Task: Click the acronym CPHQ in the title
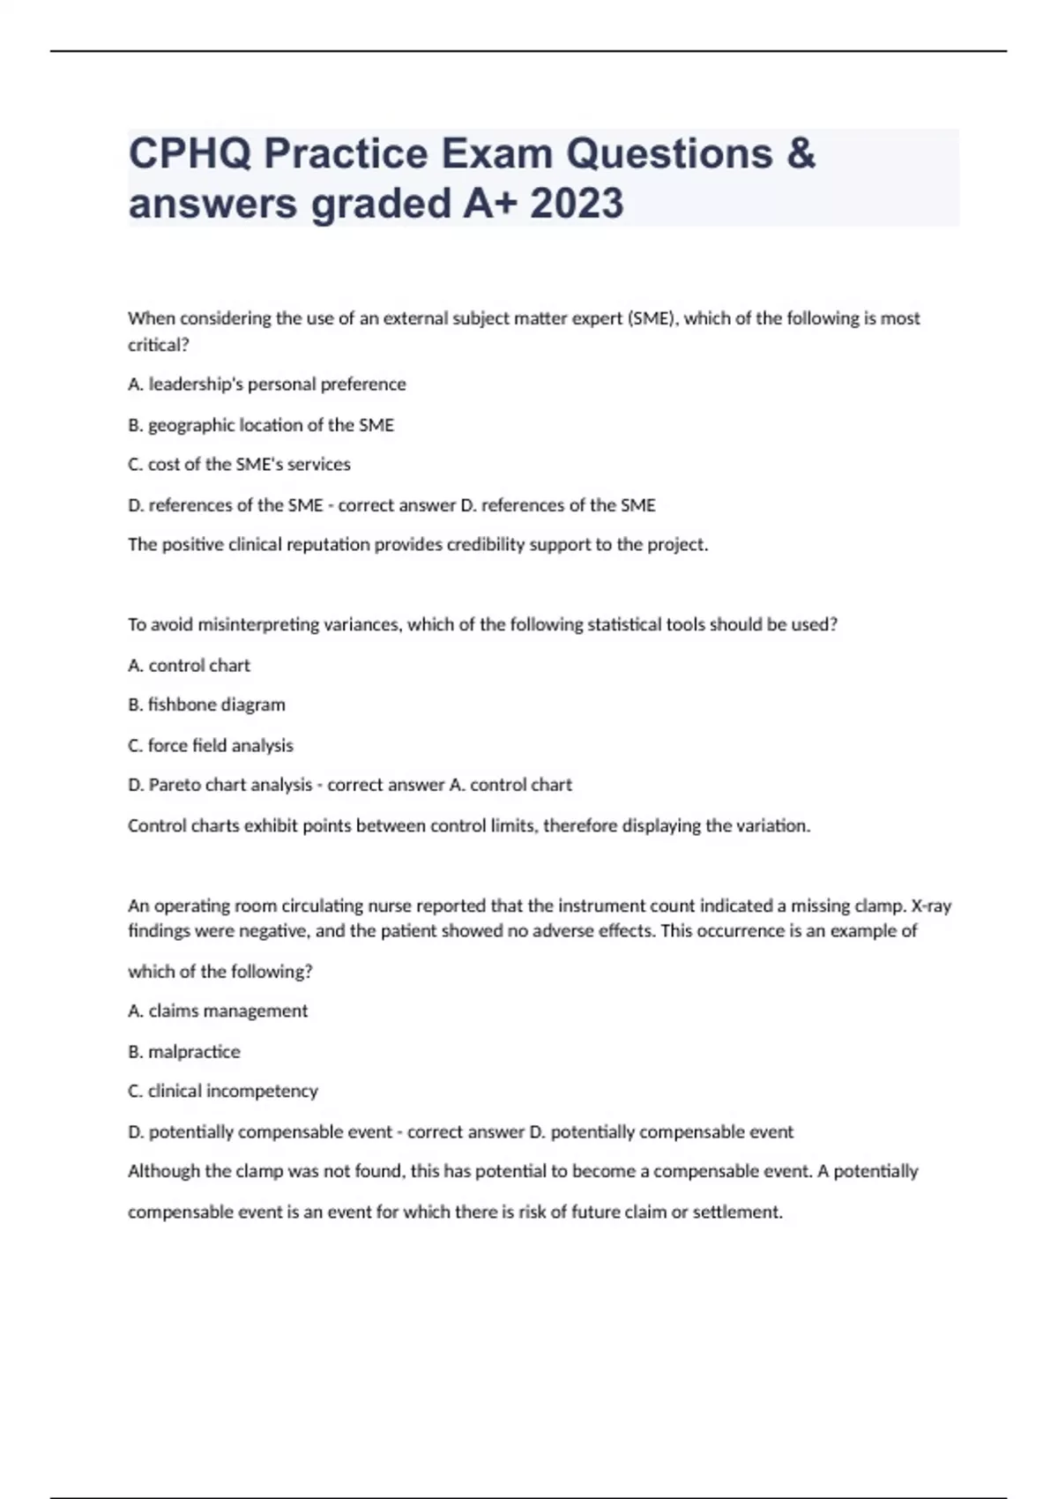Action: (x=187, y=154)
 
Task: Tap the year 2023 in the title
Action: (x=577, y=204)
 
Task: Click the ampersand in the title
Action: (x=800, y=154)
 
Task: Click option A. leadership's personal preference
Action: (x=267, y=384)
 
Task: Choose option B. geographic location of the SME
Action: (x=261, y=425)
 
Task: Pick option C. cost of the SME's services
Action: (x=239, y=465)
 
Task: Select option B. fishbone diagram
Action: (x=206, y=705)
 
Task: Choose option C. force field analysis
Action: (x=211, y=745)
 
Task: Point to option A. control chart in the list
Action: (x=189, y=666)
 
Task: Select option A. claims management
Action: (x=218, y=1011)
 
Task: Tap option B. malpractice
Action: (x=183, y=1052)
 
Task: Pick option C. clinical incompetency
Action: (x=223, y=1092)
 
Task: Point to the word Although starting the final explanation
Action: (x=164, y=1172)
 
